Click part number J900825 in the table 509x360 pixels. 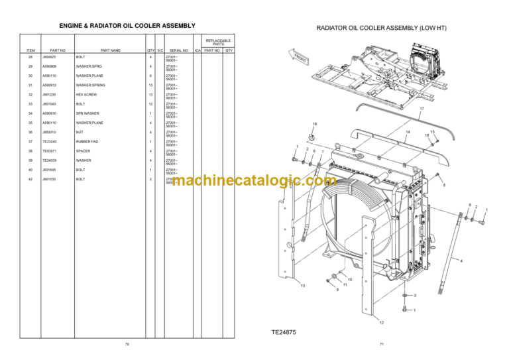[49, 57]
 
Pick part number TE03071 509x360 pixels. [49, 151]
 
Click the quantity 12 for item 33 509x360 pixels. [150, 104]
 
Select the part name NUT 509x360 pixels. [79, 133]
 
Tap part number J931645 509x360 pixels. [49, 170]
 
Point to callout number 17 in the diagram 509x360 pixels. [422, 108]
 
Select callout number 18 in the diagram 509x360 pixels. [315, 124]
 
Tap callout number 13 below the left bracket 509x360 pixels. [302, 286]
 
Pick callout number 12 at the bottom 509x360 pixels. [380, 322]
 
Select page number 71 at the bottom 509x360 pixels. [381, 345]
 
